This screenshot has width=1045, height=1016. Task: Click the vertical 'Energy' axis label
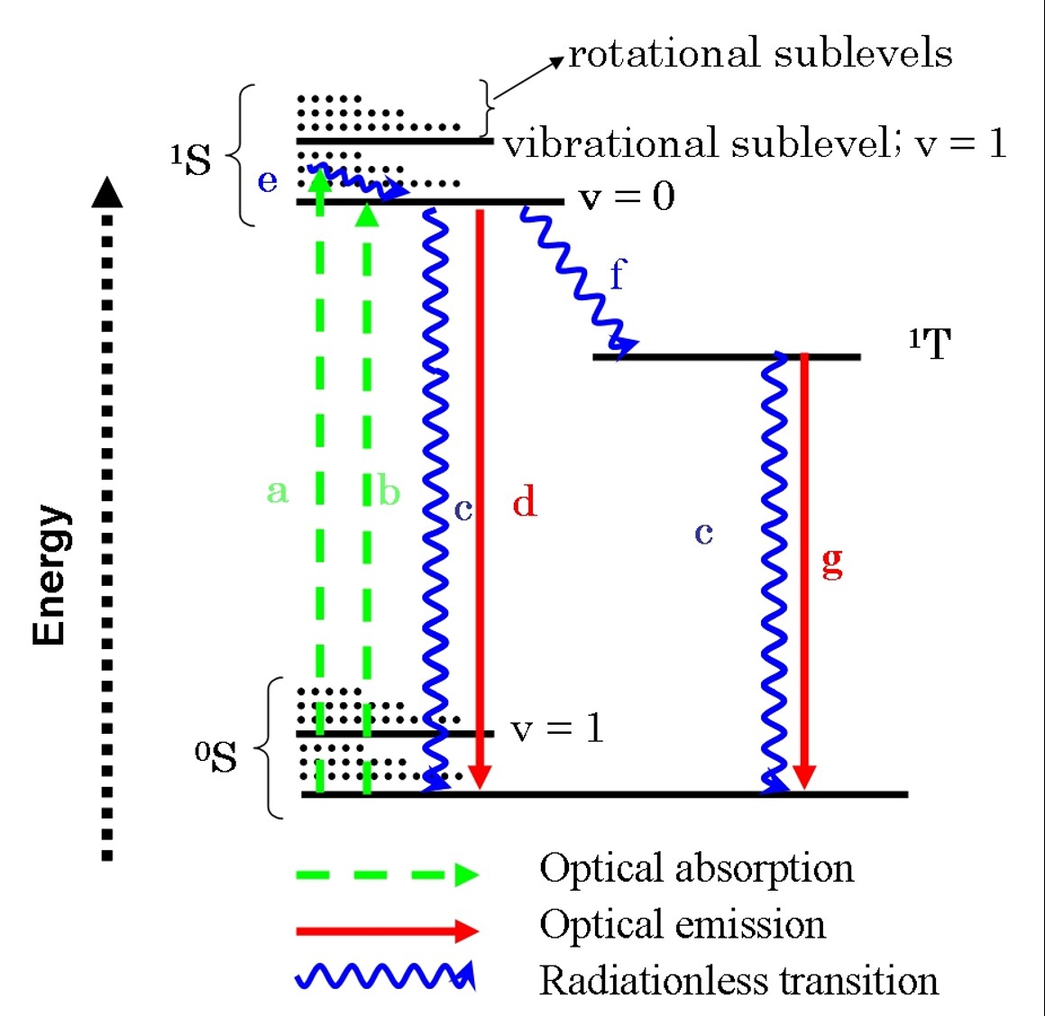tap(50, 575)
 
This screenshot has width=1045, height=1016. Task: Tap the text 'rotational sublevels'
tap(760, 54)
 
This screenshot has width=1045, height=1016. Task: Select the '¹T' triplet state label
tap(930, 343)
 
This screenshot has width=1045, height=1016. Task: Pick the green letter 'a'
tap(278, 491)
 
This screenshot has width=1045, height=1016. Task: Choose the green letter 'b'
tap(389, 491)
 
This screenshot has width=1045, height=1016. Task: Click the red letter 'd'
tap(524, 500)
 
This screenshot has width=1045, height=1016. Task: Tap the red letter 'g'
tap(832, 563)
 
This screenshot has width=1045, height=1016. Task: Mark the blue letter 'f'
tap(617, 274)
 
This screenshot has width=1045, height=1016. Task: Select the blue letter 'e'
tap(268, 181)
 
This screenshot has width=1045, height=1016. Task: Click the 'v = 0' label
tap(627, 196)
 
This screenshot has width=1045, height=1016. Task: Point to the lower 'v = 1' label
tap(556, 728)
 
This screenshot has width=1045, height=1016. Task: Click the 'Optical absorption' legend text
tap(696, 868)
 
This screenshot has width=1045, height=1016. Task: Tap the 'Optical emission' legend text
tap(683, 924)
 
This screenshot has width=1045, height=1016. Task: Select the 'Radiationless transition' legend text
tap(738, 980)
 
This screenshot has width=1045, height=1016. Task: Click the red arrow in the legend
tap(387, 930)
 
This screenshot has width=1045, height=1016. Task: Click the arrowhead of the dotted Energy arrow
tap(107, 192)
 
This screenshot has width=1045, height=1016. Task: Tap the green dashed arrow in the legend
tap(387, 874)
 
